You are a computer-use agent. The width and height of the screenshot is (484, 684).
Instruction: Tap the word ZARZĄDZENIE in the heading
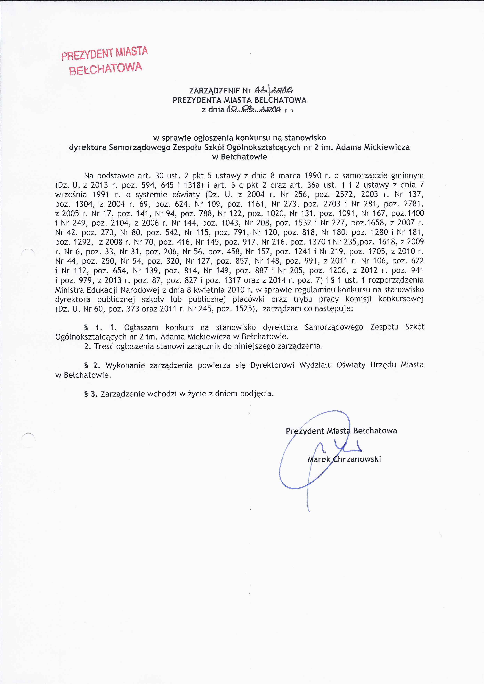tap(215, 90)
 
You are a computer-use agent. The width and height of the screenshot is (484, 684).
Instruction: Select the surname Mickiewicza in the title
tap(387, 147)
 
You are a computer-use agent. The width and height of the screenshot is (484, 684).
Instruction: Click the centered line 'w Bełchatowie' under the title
tap(239, 157)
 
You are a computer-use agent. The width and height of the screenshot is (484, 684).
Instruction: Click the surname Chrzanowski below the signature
tap(357, 459)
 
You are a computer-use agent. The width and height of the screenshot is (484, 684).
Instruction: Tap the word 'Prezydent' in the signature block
tap(305, 431)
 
